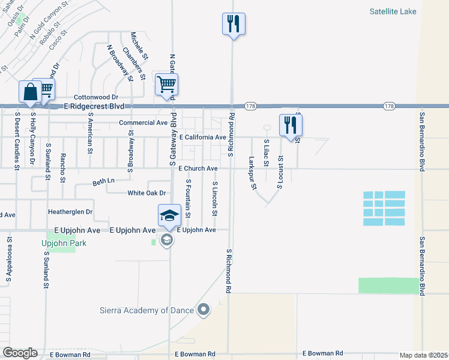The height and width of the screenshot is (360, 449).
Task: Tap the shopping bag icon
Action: [x=29, y=92]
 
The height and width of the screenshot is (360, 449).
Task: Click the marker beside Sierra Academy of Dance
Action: [x=203, y=310]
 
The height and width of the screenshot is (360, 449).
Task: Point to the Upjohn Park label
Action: [x=65, y=243]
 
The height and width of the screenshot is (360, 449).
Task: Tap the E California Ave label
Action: [x=202, y=137]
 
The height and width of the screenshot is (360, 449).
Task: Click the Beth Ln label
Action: [x=103, y=181]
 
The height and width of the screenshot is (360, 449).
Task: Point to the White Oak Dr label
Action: [x=146, y=193]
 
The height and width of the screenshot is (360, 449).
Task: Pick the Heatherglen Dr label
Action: [x=70, y=212]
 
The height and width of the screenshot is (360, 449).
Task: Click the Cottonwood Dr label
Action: [x=96, y=97]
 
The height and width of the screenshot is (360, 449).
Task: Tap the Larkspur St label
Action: [x=253, y=173]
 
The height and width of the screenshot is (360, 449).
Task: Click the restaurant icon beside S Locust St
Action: [x=291, y=125]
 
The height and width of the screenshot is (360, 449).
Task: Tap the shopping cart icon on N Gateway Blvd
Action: [x=166, y=85]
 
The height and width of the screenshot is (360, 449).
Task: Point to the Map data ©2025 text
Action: [x=423, y=355]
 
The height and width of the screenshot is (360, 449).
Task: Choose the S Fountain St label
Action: [x=188, y=198]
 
